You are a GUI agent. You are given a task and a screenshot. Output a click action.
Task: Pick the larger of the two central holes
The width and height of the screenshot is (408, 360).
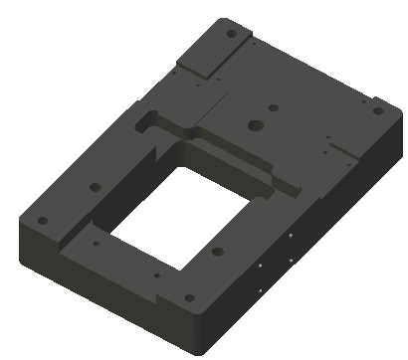tap(255, 126)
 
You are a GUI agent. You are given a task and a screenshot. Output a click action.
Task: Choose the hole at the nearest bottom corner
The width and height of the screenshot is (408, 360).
tap(189, 296)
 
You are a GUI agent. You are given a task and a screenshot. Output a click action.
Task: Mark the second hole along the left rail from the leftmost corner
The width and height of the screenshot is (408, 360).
tap(96, 186)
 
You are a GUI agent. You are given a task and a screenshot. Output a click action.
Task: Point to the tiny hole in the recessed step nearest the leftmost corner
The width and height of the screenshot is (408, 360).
tap(94, 242)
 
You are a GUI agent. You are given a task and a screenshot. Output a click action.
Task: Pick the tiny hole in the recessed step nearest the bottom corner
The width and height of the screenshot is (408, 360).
tap(156, 274)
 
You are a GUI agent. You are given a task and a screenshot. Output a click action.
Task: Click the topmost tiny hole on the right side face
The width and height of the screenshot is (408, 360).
tap(290, 237)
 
